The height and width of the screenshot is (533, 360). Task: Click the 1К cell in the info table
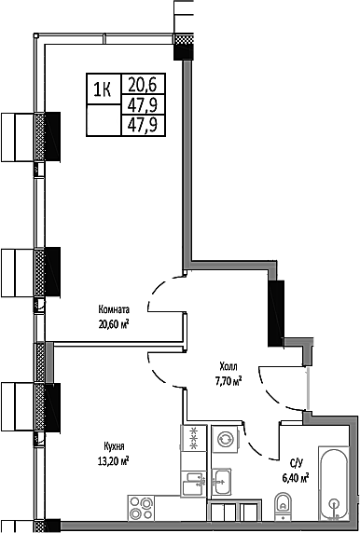click(103, 89)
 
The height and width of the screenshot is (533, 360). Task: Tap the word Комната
click(114, 310)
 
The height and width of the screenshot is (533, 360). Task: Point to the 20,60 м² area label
click(113, 324)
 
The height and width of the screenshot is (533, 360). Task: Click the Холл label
click(228, 366)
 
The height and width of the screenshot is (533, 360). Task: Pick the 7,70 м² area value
click(228, 380)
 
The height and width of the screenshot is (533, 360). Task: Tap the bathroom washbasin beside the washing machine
click(224, 482)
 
